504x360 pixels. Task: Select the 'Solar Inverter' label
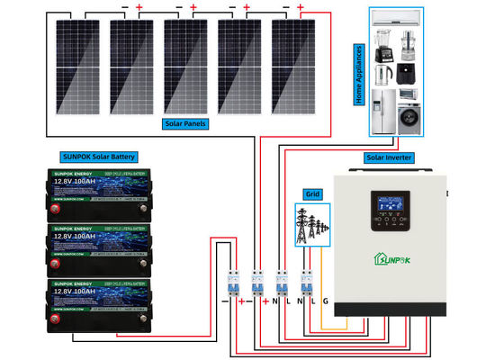(389, 157)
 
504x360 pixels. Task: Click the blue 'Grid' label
(312, 193)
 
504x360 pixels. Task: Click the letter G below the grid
(326, 302)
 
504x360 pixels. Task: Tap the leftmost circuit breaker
(232, 283)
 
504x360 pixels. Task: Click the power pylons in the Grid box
(312, 225)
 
